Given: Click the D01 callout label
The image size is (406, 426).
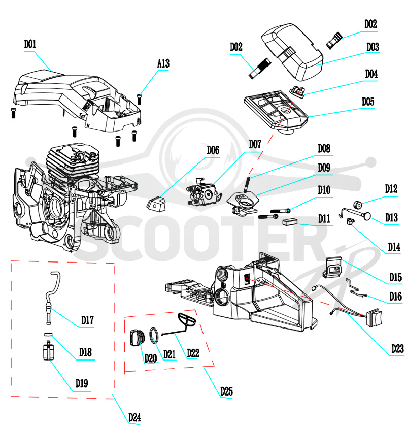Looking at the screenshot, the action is point(30,44).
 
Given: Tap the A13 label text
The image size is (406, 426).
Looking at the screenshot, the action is point(163,63).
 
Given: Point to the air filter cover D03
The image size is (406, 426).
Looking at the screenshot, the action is point(292,51).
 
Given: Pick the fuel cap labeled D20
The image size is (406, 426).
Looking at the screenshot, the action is point(137,338).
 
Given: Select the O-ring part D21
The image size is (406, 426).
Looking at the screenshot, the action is point(154,335).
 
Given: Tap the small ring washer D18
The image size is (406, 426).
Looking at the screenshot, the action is point(48,335).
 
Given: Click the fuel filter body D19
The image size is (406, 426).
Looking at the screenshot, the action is point(49,351).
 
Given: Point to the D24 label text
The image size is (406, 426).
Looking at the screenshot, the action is point(134,417).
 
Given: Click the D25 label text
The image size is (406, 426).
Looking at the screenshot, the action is point(226,391).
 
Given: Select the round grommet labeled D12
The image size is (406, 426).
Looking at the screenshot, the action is point(358,205).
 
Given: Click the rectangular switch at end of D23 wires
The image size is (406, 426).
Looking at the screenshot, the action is point(374,317).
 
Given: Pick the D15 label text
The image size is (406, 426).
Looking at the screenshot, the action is point(395,277).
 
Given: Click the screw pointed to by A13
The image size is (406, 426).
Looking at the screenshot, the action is point(140,99).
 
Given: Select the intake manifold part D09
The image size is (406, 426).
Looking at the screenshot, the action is point(243,203).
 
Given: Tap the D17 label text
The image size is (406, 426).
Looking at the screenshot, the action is point(87,320).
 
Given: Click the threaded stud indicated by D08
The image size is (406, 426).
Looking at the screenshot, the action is point(247,185).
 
